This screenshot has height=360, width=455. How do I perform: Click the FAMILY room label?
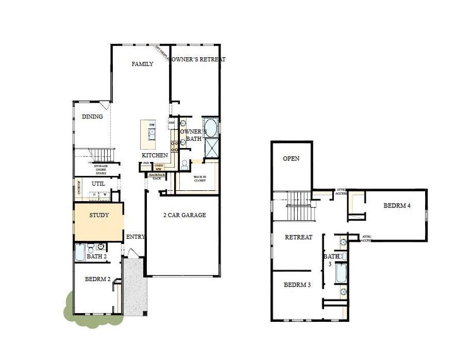(x=142, y=64)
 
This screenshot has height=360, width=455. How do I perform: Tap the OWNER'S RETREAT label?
(x=198, y=59)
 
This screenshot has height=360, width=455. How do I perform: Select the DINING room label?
(x=92, y=117)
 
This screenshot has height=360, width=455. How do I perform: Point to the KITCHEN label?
(x=155, y=155)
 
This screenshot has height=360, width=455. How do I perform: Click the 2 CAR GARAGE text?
(x=184, y=215)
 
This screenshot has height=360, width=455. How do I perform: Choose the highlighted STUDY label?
(x=99, y=215)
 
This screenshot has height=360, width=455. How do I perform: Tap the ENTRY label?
(x=136, y=237)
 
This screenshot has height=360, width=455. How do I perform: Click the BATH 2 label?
(x=96, y=256)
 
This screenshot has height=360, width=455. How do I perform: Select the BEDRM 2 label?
(x=97, y=279)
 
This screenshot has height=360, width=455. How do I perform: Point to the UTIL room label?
(x=98, y=184)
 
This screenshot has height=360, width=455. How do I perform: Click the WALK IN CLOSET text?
(x=200, y=179)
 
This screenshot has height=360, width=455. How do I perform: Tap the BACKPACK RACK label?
(x=157, y=176)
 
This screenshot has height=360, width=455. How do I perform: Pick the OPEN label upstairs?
(x=291, y=159)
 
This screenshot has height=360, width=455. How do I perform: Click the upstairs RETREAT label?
(x=299, y=237)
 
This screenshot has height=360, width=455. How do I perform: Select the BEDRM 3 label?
(x=297, y=284)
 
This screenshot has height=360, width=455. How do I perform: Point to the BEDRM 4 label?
(x=397, y=205)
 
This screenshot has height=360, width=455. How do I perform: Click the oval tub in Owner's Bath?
(x=210, y=126)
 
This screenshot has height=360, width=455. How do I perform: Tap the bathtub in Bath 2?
(x=80, y=253)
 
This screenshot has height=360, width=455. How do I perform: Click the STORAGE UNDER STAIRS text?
(x=100, y=170)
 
